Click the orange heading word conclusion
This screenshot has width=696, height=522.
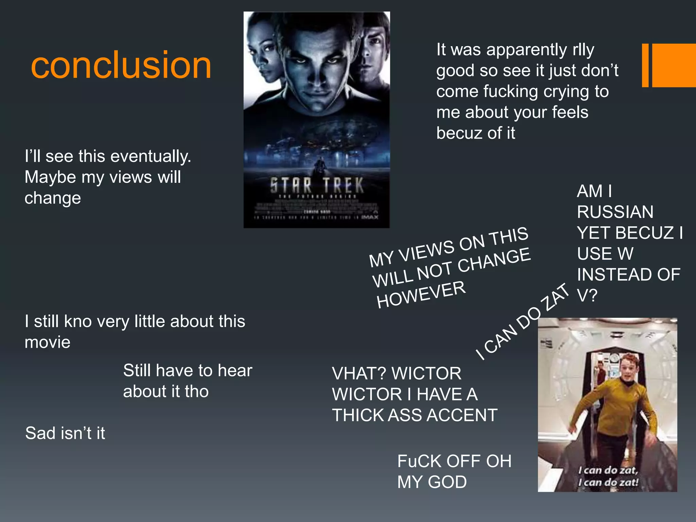121,65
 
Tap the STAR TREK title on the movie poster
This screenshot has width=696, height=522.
317,185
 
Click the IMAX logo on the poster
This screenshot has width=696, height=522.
370,217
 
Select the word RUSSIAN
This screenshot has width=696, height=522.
615,212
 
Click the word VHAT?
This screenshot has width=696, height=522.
359,373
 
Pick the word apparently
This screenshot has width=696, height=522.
527,50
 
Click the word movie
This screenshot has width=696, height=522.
48,342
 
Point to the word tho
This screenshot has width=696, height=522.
196,391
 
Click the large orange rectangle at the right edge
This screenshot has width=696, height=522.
674,65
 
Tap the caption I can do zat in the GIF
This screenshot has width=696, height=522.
608,476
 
